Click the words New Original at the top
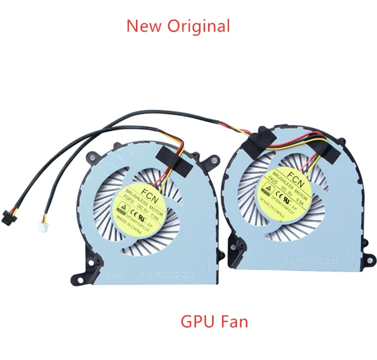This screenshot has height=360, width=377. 178,26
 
